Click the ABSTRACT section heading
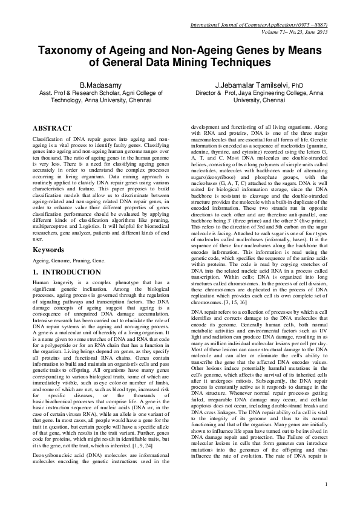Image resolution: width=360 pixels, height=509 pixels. [54, 128]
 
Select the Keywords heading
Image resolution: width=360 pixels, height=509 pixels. [48, 249]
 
